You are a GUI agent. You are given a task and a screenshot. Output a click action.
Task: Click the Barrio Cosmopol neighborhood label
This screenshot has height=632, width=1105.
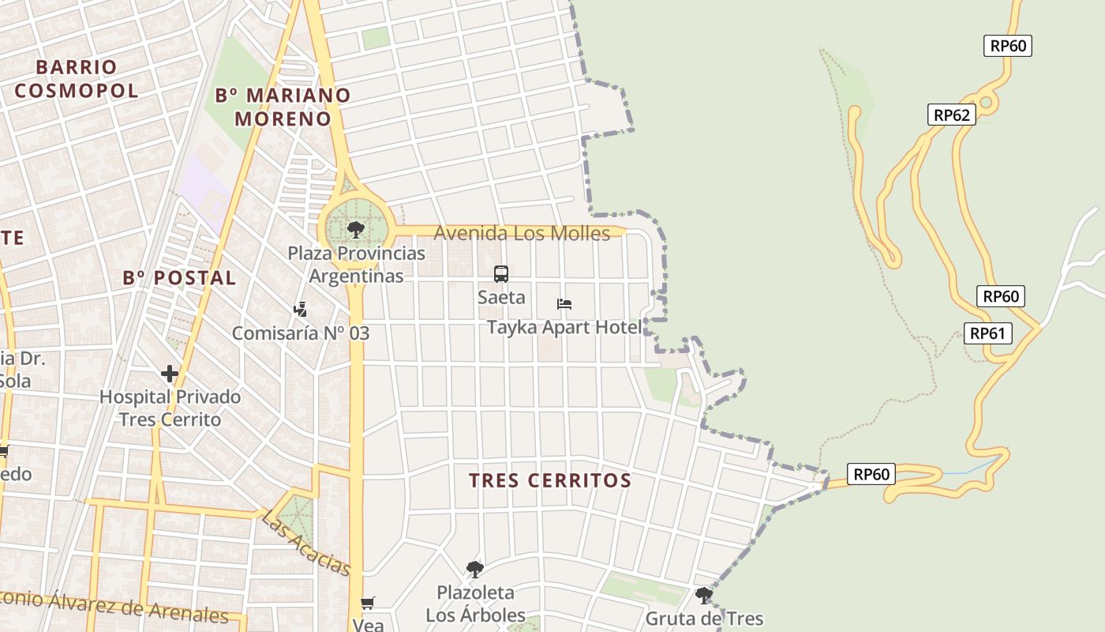tap(77, 79)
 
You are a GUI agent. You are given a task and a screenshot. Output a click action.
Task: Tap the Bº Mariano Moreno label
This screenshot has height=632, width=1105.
tap(283, 107)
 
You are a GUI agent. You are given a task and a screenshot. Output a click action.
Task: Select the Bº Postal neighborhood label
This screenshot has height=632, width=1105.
tap(179, 278)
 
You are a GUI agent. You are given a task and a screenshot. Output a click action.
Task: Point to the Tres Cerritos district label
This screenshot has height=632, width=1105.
tap(550, 480)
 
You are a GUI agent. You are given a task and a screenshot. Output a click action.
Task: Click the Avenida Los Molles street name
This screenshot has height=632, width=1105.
tap(522, 234)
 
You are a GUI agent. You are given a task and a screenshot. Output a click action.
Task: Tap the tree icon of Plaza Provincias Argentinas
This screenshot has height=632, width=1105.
tap(355, 230)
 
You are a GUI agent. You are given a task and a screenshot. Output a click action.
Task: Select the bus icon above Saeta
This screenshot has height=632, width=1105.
tap(501, 274)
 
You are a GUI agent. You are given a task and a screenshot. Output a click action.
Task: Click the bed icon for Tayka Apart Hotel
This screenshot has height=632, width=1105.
tap(564, 304)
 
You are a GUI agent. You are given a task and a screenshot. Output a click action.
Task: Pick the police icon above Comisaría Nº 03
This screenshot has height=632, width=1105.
tap(300, 310)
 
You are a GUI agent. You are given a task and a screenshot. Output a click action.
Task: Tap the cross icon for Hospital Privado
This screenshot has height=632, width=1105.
tap(170, 373)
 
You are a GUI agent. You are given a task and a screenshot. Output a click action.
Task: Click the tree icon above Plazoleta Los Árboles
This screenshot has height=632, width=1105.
tap(474, 569)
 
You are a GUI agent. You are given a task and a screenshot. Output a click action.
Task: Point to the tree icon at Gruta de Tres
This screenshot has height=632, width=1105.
tap(704, 595)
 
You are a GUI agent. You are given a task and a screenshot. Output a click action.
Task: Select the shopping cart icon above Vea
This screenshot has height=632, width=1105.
tap(367, 604)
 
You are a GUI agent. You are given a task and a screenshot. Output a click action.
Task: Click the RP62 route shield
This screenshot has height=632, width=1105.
tap(951, 115)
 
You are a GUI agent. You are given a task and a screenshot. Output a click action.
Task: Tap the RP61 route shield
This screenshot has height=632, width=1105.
tap(987, 333)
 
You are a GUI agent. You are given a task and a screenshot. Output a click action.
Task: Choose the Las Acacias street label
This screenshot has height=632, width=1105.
tap(305, 543)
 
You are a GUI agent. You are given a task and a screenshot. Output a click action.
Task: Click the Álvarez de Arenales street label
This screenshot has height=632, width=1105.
tap(118, 606)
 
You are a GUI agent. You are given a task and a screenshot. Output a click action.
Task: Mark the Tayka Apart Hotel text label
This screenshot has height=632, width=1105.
tap(564, 327)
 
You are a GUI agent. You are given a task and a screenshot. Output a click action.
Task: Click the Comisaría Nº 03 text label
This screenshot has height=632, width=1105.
tap(300, 333)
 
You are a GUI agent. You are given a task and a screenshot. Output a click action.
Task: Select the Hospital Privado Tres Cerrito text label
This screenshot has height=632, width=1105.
tap(170, 408)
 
